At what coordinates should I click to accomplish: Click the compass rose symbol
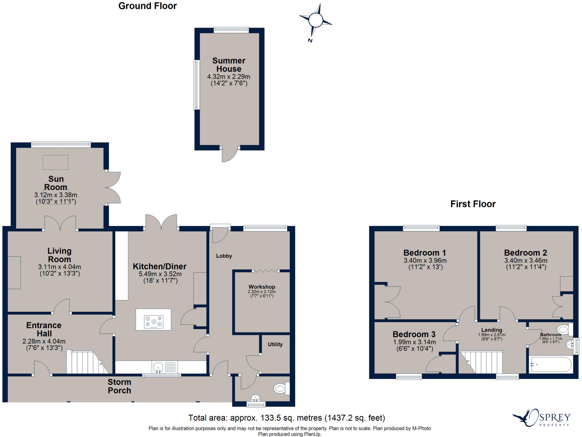pos(315,20)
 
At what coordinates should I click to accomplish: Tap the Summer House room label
pos(229,65)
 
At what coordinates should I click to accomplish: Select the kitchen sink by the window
pos(158,367)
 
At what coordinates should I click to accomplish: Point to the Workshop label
pos(262,287)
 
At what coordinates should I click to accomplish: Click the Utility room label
pos(275,344)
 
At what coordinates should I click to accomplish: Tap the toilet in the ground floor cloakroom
pos(281,388)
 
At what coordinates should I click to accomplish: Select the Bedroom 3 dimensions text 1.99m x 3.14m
pos(414,342)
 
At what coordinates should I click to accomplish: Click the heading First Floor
pos(473,204)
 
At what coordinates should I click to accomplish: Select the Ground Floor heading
pos(147,6)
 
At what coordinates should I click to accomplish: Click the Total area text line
pos(286,418)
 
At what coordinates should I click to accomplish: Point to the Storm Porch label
pos(119,386)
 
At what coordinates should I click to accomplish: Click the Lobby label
pos(224,256)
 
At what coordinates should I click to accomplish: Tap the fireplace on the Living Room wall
pos(14,273)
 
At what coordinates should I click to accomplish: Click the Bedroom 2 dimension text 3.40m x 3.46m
pos(526,260)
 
